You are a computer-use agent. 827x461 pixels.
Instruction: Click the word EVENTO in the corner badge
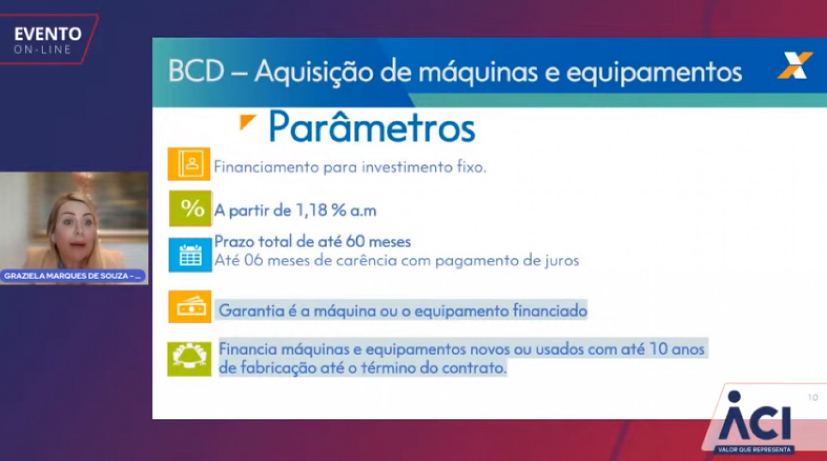[48, 34]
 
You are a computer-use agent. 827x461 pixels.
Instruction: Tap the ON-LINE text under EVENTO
[43, 50]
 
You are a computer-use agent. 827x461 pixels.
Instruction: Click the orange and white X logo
[795, 66]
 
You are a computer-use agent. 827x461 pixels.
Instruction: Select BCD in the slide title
[196, 71]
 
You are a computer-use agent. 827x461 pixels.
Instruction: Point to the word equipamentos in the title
[654, 73]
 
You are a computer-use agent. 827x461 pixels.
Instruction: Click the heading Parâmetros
[372, 127]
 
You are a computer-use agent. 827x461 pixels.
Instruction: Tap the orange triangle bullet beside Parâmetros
[247, 122]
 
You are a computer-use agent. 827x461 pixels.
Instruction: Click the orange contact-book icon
[189, 164]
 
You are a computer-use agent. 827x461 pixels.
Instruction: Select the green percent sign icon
[190, 208]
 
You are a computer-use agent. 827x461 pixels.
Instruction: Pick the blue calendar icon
[190, 255]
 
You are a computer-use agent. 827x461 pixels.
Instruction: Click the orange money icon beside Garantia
[190, 307]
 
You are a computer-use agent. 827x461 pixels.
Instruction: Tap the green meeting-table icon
[189, 359]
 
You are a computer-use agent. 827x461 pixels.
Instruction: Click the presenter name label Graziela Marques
[73, 276]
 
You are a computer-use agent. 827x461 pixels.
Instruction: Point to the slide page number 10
[813, 398]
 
